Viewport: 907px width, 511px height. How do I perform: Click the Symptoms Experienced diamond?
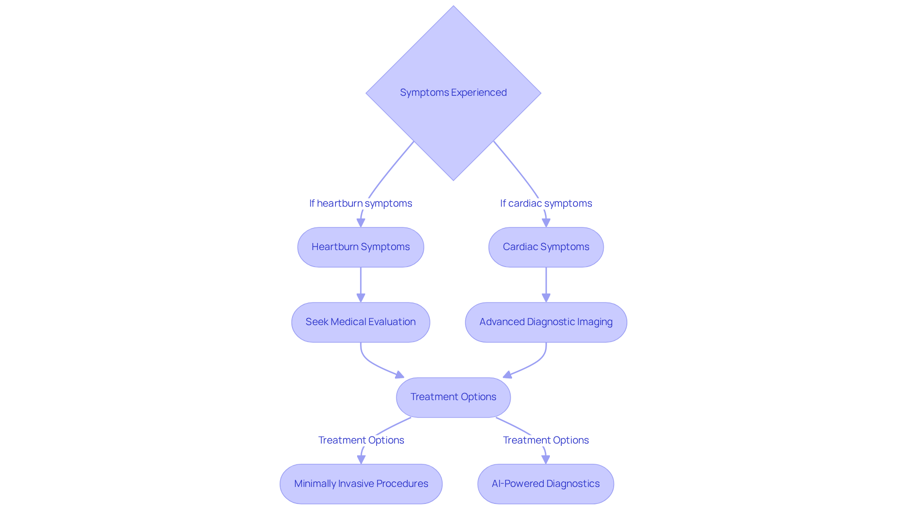pyautogui.click(x=453, y=93)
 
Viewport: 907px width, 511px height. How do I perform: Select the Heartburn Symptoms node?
pyautogui.click(x=360, y=247)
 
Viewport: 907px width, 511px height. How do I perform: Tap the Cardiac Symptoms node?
pyautogui.click(x=546, y=247)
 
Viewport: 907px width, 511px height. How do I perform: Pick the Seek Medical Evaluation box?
pyautogui.click(x=360, y=322)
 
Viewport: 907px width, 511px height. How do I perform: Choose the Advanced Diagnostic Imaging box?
pyautogui.click(x=546, y=322)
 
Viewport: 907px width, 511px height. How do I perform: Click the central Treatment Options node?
pyautogui.click(x=453, y=397)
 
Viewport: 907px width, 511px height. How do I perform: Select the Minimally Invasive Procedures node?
pyautogui.click(x=361, y=484)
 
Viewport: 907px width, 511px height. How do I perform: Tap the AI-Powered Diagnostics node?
pyautogui.click(x=546, y=484)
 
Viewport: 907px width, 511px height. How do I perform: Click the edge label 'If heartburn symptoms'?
pyautogui.click(x=360, y=203)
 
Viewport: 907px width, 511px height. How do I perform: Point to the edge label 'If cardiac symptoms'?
pyautogui.click(x=546, y=203)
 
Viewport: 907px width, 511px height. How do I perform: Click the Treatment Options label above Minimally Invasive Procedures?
pyautogui.click(x=361, y=440)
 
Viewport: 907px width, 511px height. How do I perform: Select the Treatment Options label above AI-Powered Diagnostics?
pyautogui.click(x=546, y=440)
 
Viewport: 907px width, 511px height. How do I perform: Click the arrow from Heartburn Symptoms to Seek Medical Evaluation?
pyautogui.click(x=360, y=283)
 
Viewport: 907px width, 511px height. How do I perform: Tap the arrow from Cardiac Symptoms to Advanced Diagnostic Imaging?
pyautogui.click(x=546, y=283)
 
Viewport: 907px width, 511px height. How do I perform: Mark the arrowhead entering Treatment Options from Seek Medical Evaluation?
pyautogui.click(x=400, y=375)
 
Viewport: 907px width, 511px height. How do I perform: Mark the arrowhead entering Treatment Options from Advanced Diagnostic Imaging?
pyautogui.click(x=507, y=375)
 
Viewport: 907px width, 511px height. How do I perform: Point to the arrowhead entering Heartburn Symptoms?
pyautogui.click(x=360, y=223)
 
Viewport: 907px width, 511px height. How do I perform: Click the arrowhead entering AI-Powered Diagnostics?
pyautogui.click(x=546, y=459)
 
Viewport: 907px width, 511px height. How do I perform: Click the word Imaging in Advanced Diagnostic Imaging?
pyautogui.click(x=594, y=322)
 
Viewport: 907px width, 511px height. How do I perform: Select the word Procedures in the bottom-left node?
pyautogui.click(x=402, y=484)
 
